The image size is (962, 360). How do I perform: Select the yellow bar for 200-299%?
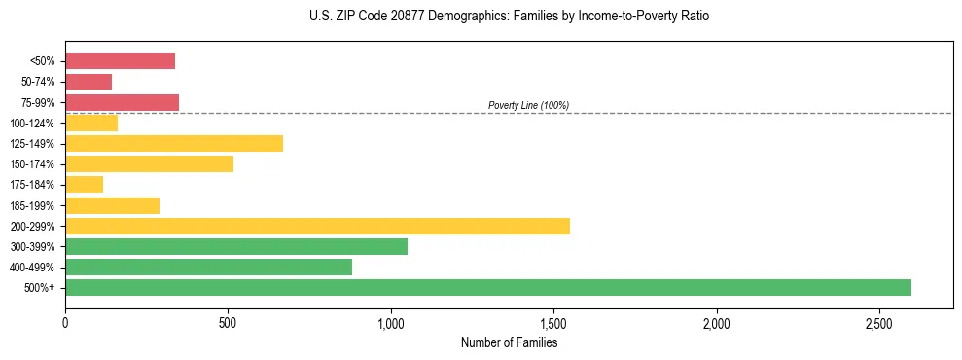317,226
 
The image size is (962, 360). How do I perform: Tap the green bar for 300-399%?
236,246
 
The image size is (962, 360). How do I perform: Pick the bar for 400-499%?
208,267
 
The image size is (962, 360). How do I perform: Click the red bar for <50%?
120,61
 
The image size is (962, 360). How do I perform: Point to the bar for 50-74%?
89,82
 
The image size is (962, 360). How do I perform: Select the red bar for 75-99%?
122,102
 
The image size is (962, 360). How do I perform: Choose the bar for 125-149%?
174,143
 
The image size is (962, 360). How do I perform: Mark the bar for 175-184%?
84,185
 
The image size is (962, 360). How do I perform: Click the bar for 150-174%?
149,163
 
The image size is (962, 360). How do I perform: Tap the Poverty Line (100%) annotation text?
528,105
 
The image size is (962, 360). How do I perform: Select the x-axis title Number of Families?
509,342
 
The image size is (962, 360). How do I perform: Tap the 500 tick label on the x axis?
228,323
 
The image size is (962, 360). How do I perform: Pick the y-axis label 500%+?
41,287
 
